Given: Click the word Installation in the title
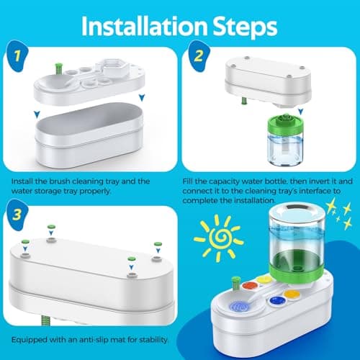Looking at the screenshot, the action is tap(144, 27).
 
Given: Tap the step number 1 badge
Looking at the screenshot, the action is tap(17, 56).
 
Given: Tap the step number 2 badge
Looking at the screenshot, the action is tap(199, 56).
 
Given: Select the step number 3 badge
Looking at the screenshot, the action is tap(17, 215).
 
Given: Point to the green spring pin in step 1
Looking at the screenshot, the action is tap(58, 69).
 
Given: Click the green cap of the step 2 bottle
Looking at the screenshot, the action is tap(286, 125).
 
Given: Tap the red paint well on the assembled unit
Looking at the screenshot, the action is tap(250, 286).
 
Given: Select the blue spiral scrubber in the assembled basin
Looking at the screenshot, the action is tap(239, 307).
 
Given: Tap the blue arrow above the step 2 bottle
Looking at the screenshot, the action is tap(301, 111).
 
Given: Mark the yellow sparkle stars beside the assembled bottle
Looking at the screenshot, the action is tap(339, 214).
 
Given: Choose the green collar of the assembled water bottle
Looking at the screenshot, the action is tap(297, 266).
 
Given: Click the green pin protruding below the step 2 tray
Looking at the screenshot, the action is tap(243, 100).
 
